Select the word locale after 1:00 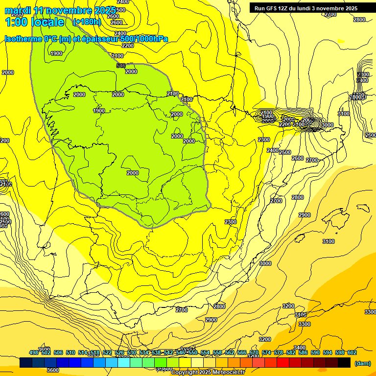[47, 22]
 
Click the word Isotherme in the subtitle [23, 39]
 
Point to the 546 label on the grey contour [121, 66]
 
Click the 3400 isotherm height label [299, 348]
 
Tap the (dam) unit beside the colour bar [362, 363]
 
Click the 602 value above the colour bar [352, 352]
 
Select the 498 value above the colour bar [34, 352]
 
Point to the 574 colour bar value [266, 352]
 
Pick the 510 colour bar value [70, 352]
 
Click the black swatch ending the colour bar [344, 363]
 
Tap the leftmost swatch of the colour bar [26, 363]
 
